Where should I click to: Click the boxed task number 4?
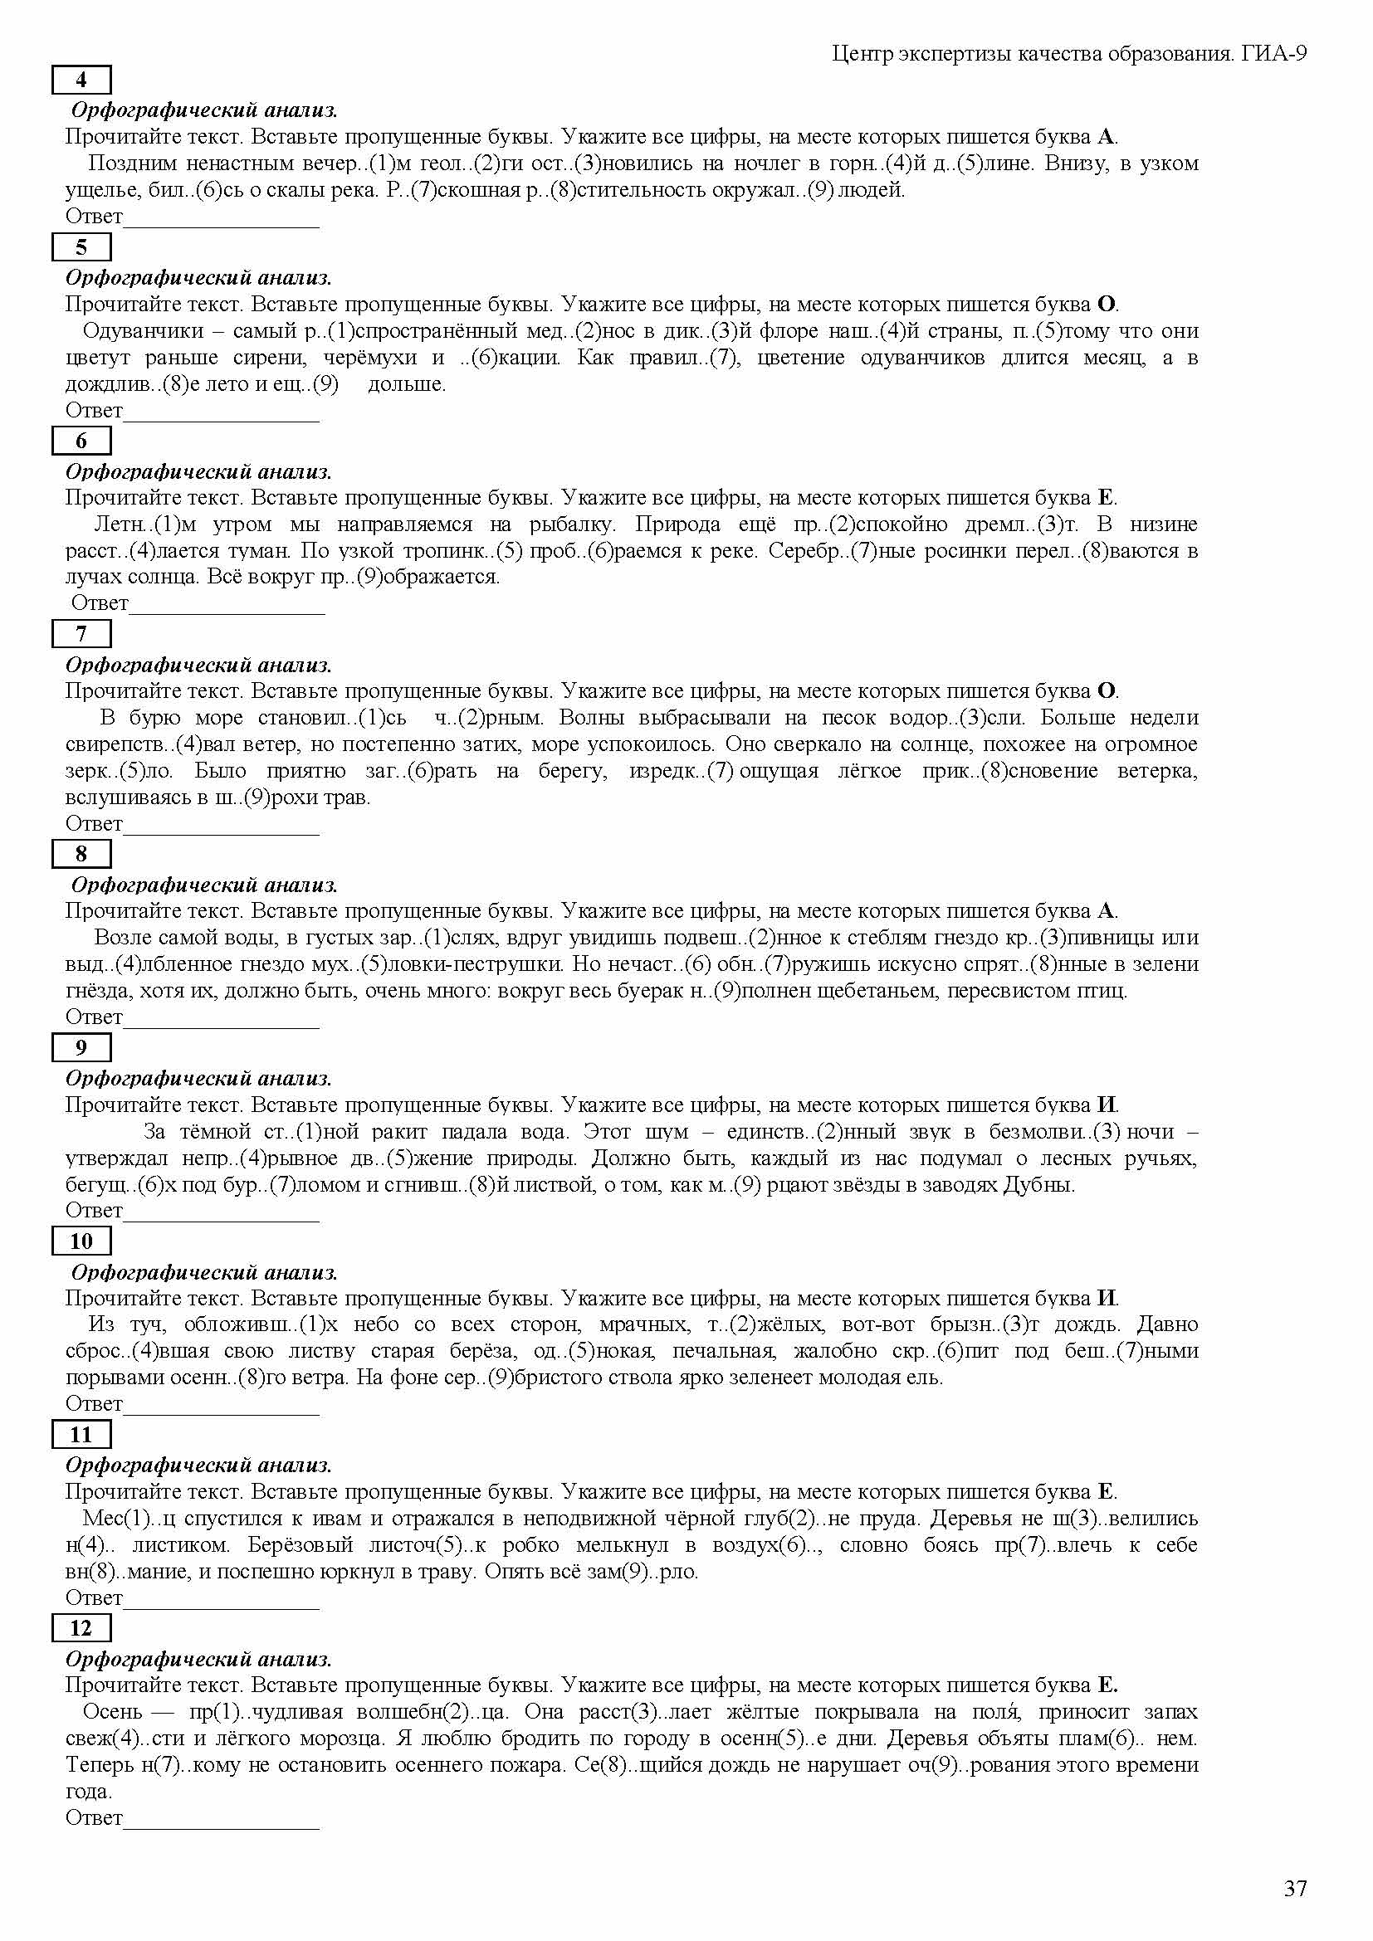click(x=81, y=80)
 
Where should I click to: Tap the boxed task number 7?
click(x=81, y=633)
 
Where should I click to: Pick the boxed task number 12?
click(x=81, y=1628)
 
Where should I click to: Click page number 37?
click(x=1295, y=1888)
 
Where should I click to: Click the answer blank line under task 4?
click(x=222, y=225)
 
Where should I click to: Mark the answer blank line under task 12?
click(x=222, y=1826)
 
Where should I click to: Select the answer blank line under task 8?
click(x=222, y=1026)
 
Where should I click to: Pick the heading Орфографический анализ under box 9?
click(x=198, y=1078)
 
